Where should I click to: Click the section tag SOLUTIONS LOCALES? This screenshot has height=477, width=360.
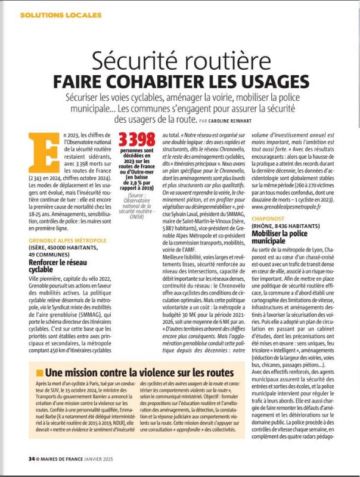click(x=52, y=14)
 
